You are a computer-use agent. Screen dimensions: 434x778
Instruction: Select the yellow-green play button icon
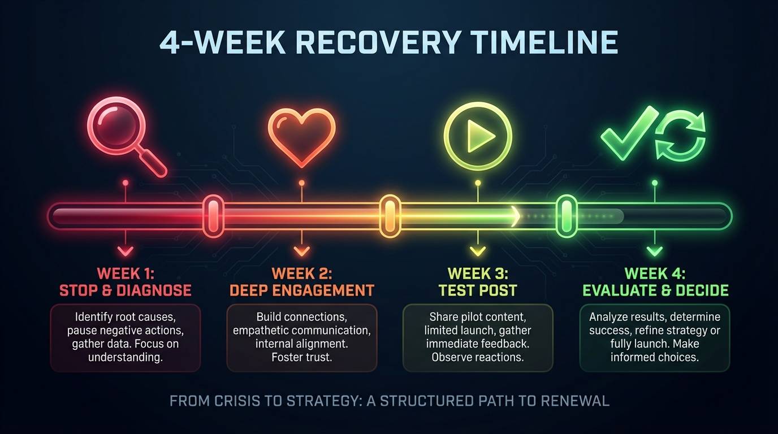478,136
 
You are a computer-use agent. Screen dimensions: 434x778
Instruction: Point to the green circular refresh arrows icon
681,136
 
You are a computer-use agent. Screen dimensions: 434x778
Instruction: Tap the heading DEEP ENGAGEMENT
301,291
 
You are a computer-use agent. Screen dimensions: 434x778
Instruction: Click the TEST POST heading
478,291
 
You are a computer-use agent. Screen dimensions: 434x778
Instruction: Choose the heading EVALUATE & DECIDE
655,291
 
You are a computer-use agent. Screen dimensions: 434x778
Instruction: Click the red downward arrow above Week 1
126,251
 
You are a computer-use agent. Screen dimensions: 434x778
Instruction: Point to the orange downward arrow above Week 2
302,251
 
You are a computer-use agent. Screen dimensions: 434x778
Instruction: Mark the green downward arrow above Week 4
655,251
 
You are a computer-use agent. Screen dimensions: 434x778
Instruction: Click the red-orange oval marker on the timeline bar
214,216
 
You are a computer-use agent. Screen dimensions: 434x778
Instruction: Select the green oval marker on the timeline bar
566,216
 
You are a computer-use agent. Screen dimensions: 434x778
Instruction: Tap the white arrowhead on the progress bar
515,216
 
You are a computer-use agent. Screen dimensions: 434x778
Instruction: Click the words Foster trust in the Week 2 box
301,357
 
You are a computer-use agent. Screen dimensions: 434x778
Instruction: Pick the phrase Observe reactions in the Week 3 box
478,357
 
